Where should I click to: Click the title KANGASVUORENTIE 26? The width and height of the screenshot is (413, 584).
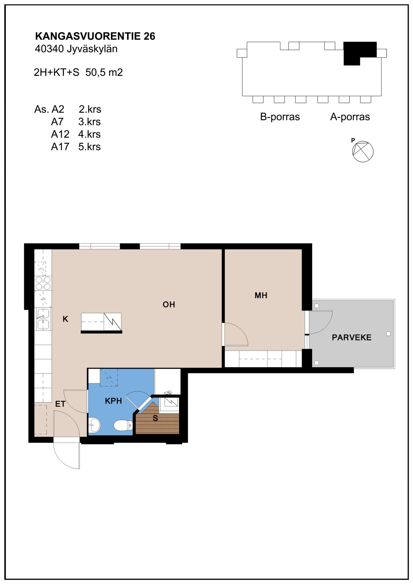(x=95, y=36)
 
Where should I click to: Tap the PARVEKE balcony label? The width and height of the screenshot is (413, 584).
(x=351, y=337)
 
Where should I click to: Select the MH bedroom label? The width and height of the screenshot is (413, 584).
(x=261, y=295)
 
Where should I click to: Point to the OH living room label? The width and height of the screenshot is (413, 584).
(x=169, y=304)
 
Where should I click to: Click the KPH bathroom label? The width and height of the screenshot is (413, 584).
(x=113, y=401)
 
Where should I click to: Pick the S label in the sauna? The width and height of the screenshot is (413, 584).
(x=155, y=418)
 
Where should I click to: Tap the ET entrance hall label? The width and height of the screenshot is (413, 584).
(x=60, y=404)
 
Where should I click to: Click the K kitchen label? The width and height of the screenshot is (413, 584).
(x=65, y=319)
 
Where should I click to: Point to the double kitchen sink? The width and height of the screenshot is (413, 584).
(x=43, y=319)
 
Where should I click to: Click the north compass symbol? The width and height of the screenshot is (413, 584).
(x=363, y=151)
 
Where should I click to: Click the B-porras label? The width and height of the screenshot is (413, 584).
(x=280, y=117)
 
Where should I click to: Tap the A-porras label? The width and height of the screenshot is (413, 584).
(x=350, y=117)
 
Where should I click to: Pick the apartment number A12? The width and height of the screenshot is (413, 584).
(x=60, y=134)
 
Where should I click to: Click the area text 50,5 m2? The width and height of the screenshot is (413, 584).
(x=104, y=72)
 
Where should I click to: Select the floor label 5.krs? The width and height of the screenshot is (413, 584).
(x=89, y=147)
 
